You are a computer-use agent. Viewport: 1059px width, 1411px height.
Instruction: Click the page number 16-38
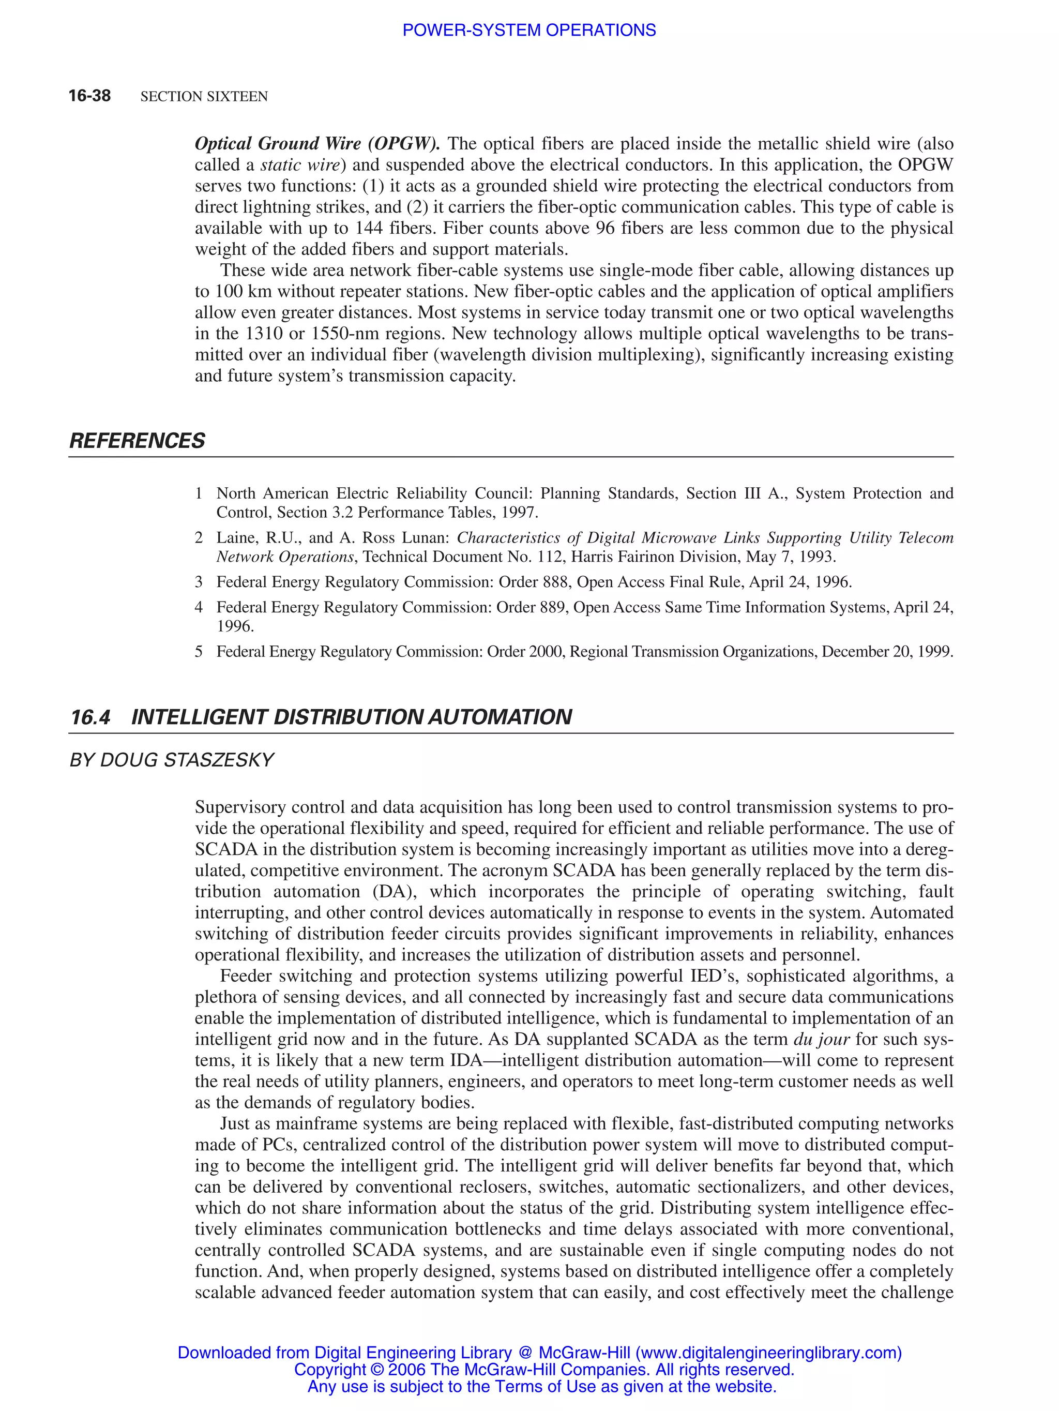tap(89, 96)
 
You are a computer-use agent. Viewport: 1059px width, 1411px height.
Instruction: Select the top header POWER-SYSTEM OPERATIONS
tap(528, 30)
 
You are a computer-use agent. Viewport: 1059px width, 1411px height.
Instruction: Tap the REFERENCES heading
tap(137, 441)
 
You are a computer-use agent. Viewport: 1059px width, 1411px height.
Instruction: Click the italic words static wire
tap(300, 164)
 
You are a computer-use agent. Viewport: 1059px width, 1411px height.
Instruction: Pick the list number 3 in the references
tap(199, 582)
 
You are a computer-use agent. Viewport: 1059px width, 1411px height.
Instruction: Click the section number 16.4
tap(90, 717)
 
